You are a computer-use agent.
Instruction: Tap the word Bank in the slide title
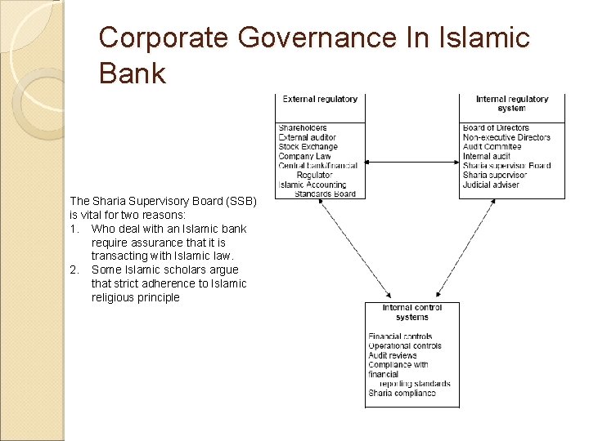coord(132,73)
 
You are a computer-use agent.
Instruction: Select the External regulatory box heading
coord(320,100)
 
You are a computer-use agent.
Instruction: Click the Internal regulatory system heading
coord(511,104)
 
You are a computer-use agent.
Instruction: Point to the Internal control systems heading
coord(411,313)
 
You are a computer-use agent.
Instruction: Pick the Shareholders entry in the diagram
coord(303,128)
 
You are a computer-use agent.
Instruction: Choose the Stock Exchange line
coord(308,147)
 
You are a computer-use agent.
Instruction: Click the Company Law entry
coord(304,156)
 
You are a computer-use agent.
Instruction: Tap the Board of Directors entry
coord(496,128)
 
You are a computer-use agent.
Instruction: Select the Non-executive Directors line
coord(506,137)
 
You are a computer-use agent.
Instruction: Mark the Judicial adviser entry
coord(491,185)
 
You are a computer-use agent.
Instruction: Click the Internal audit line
coord(486,156)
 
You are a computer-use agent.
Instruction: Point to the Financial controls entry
coord(400,336)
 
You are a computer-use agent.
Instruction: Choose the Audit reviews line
coord(393,355)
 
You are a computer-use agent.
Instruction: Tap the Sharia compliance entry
coord(402,394)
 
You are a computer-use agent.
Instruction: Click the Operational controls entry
coord(404,346)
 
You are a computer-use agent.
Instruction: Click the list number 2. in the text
coord(75,269)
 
